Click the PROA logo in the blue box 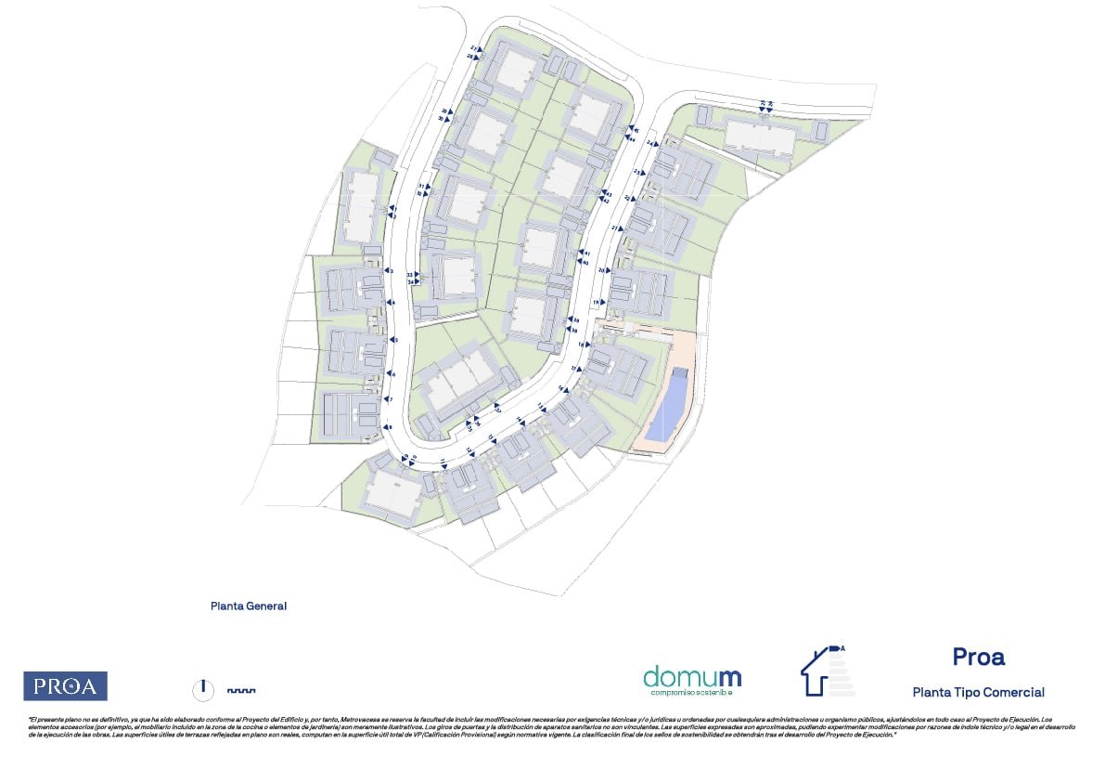(x=65, y=686)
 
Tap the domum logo (x=692, y=679)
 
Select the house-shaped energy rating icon (x=828, y=670)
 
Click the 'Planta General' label (x=249, y=606)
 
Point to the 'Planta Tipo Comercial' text (x=978, y=692)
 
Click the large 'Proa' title (x=978, y=657)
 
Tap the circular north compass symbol (x=203, y=689)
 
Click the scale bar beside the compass (x=241, y=690)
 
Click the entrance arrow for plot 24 (x=657, y=144)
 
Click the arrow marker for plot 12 (x=472, y=450)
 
